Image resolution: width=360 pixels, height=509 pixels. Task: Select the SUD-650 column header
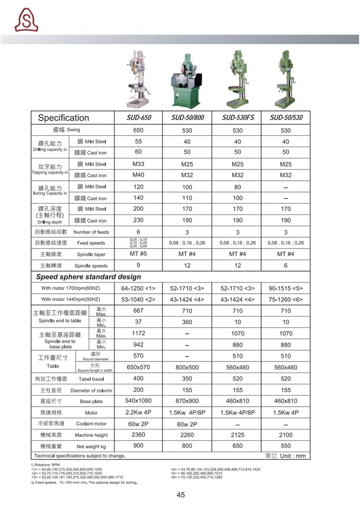pyautogui.click(x=139, y=118)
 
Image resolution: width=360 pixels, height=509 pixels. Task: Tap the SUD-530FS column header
pyautogui.click(x=238, y=118)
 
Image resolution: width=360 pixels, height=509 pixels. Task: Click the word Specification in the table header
pyautogui.click(x=64, y=118)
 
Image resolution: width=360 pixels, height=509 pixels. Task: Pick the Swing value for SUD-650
pyautogui.click(x=139, y=130)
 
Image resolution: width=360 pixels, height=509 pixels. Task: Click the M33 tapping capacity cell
pyautogui.click(x=139, y=164)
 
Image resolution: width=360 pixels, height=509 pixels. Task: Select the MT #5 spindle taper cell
pyautogui.click(x=139, y=254)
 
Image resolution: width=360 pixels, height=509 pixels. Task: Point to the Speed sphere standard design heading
pyautogui.click(x=88, y=277)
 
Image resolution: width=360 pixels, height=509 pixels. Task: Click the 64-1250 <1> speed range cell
pyautogui.click(x=139, y=288)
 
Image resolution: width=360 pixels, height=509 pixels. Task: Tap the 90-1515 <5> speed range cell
pyautogui.click(x=286, y=288)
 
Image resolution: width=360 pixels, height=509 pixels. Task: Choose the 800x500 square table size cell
pyautogui.click(x=187, y=367)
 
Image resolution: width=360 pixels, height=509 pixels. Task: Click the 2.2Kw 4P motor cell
pyautogui.click(x=139, y=412)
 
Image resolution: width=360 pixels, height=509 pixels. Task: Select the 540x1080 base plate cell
pyautogui.click(x=139, y=401)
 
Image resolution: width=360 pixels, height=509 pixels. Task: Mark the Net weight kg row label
pyautogui.click(x=91, y=446)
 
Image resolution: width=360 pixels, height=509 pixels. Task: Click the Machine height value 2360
pyautogui.click(x=139, y=435)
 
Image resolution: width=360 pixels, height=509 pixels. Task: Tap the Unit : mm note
pyautogui.click(x=286, y=456)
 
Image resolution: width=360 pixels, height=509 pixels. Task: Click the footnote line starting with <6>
pyautogui.click(x=196, y=477)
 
